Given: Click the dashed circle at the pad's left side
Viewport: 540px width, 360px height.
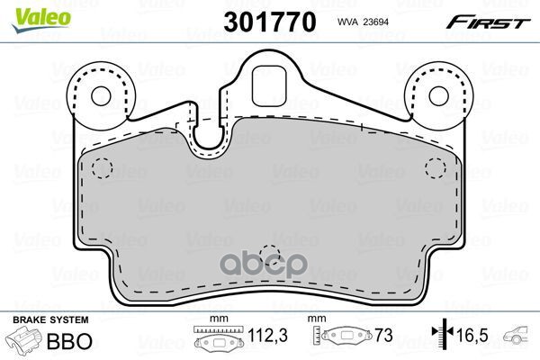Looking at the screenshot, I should click(101, 167).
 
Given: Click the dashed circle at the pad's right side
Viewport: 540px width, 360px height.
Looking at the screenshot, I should click(436, 167).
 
